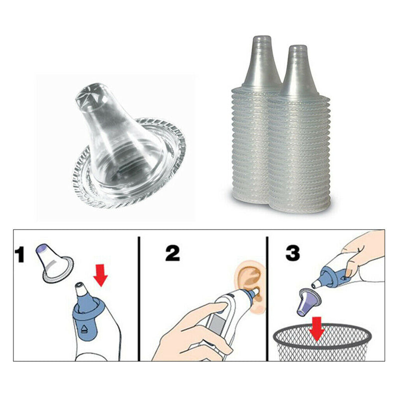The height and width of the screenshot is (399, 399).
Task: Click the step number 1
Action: point(19,255)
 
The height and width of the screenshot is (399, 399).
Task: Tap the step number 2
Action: point(173,253)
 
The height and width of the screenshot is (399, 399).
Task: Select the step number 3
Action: point(292,253)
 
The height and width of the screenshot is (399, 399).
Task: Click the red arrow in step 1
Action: point(101,275)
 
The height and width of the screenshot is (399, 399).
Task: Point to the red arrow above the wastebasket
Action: point(317,328)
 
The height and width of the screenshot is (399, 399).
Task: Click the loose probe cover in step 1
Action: point(55,263)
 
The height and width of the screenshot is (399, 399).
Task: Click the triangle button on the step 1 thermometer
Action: point(84,330)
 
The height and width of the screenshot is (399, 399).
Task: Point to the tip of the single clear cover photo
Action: point(92,94)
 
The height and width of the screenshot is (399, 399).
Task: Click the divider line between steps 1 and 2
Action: point(139,298)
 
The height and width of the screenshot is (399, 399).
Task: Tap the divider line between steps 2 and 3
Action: point(267,298)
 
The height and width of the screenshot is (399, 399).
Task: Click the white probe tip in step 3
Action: point(316,283)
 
